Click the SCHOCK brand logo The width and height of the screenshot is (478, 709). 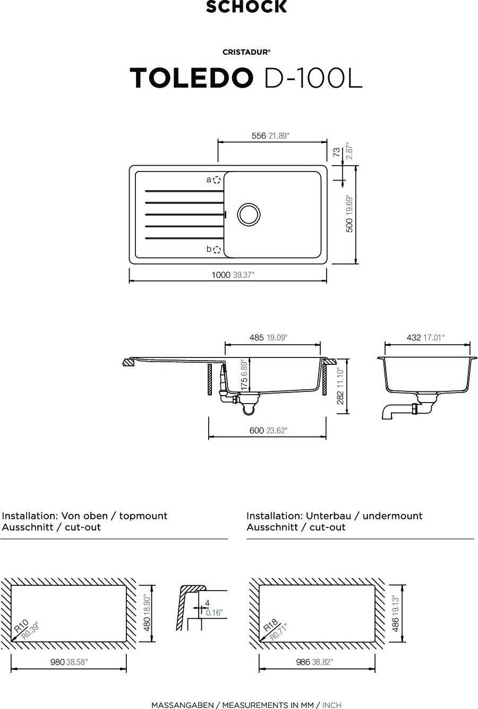[246, 7]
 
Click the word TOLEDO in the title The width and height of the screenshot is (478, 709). [192, 78]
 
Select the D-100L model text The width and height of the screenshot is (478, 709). [313, 78]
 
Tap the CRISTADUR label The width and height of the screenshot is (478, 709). [246, 52]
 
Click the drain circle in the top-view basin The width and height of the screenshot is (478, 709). [249, 214]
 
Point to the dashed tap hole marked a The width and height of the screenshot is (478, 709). [217, 180]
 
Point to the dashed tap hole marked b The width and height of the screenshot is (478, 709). [217, 250]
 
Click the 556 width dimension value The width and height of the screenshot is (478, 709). [259, 136]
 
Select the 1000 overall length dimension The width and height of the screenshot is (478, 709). [220, 275]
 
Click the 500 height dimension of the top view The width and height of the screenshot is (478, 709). [349, 225]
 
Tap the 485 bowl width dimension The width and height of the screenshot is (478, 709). [257, 337]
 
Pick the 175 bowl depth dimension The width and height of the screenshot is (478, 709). [244, 383]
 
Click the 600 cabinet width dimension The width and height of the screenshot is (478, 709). [257, 431]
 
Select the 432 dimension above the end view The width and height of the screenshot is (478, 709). [414, 337]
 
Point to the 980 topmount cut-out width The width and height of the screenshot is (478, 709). [57, 662]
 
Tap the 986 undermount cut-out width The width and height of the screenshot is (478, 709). [303, 662]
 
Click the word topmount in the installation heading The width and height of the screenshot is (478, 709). [143, 516]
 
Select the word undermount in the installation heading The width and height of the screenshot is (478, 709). [392, 516]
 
